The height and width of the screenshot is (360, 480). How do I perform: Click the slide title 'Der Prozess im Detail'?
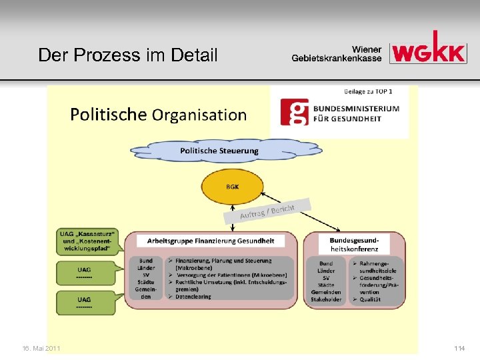(128, 55)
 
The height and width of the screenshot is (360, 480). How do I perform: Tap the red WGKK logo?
(428, 49)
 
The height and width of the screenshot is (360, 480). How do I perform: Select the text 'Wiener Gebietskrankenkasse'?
(337, 53)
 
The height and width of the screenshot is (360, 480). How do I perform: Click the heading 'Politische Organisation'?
(159, 115)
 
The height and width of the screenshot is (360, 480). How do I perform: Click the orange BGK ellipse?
(232, 187)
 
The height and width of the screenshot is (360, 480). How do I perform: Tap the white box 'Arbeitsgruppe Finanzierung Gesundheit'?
(210, 241)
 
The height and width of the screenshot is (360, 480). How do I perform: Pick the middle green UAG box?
(85, 273)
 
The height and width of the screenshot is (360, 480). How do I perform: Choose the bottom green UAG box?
(85, 303)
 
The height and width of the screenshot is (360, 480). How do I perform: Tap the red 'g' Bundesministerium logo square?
(294, 113)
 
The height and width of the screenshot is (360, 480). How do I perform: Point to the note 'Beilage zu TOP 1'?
(368, 91)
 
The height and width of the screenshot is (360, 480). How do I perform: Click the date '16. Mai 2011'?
(41, 348)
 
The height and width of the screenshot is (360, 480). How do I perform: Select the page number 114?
(459, 348)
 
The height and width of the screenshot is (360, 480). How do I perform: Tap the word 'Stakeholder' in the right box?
(326, 299)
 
